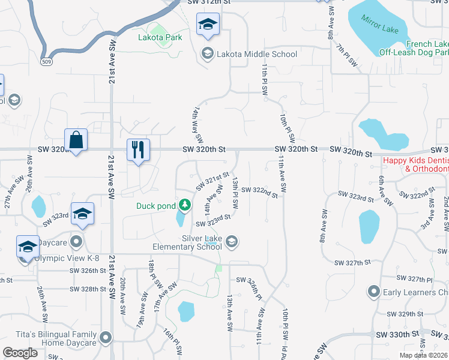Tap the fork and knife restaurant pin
tap(138, 150)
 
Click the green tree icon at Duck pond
tap(185, 206)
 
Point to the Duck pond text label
tap(155, 206)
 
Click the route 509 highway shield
tap(47, 61)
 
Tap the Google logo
tap(20, 353)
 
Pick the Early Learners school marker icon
tap(373, 292)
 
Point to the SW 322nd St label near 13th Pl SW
tap(260, 192)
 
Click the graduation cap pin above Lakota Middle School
tap(208, 25)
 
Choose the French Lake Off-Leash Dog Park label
tap(414, 48)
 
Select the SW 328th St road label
tap(88, 289)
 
